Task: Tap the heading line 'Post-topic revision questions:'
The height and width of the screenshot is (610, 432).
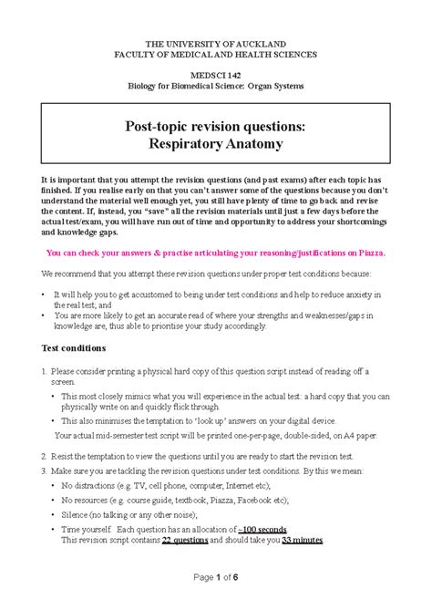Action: pyautogui.click(x=215, y=126)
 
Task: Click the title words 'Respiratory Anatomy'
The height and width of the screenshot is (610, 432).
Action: pyautogui.click(x=215, y=144)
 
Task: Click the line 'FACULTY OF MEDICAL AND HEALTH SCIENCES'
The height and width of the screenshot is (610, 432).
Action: pyautogui.click(x=215, y=55)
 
